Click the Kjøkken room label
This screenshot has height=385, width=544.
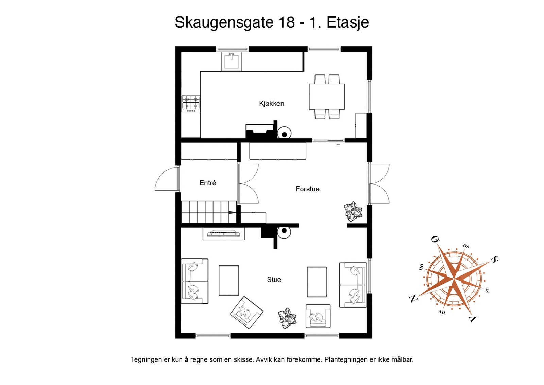[x=271, y=103]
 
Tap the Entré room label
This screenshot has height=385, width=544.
[x=207, y=183]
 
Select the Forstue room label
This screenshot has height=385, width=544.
[x=307, y=189]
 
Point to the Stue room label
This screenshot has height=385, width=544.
[x=274, y=280]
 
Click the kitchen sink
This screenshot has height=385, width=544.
[x=231, y=61]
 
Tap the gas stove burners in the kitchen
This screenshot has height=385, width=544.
[x=191, y=103]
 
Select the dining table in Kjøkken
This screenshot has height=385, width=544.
[x=327, y=97]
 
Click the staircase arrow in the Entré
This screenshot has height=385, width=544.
[x=232, y=213]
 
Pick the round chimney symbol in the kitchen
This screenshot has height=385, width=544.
[x=284, y=134]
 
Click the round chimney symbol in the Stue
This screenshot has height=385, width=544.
[x=284, y=232]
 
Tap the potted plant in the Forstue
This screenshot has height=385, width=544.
[x=353, y=212]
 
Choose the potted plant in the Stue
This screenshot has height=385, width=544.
[x=287, y=319]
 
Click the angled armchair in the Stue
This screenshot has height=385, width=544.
[x=247, y=313]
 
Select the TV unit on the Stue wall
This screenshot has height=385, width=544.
[x=223, y=234]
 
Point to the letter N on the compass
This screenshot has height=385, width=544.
[x=413, y=299]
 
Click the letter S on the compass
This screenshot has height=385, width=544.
[x=495, y=260]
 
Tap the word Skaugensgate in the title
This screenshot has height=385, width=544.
[x=224, y=22]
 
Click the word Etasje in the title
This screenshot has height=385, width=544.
[x=347, y=22]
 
